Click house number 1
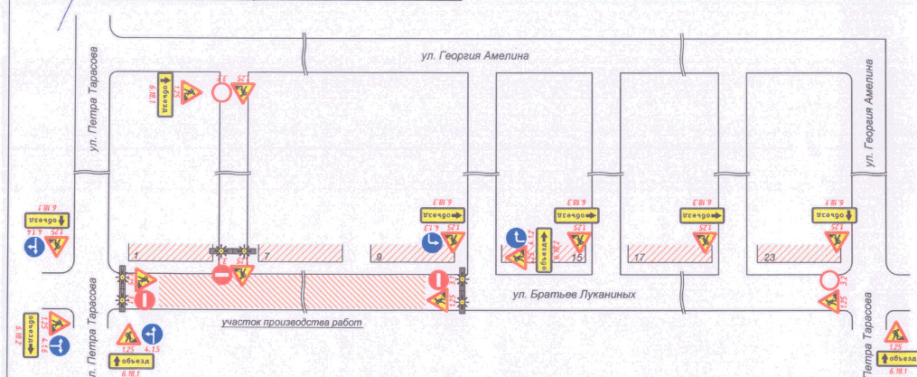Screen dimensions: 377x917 pyautogui.click(x=133, y=258)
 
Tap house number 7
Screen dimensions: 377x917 pyautogui.click(x=268, y=258)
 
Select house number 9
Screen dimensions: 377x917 pyautogui.click(x=379, y=258)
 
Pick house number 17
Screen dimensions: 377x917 pyautogui.click(x=639, y=258)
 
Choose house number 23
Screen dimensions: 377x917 pyautogui.click(x=769, y=258)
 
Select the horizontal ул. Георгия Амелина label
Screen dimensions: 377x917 pyautogui.click(x=474, y=56)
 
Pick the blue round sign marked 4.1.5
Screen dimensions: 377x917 pyautogui.click(x=153, y=334)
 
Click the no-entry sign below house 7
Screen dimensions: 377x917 pyautogui.click(x=222, y=274)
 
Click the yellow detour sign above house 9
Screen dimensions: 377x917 pyautogui.click(x=442, y=215)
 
